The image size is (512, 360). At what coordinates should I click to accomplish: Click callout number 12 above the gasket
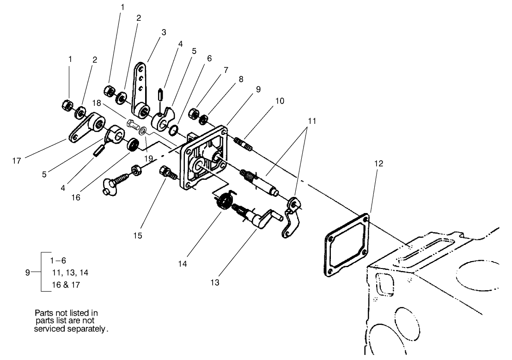point(379,164)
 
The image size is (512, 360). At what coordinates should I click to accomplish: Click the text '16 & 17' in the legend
point(66,285)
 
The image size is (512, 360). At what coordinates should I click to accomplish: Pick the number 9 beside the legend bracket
point(27,273)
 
